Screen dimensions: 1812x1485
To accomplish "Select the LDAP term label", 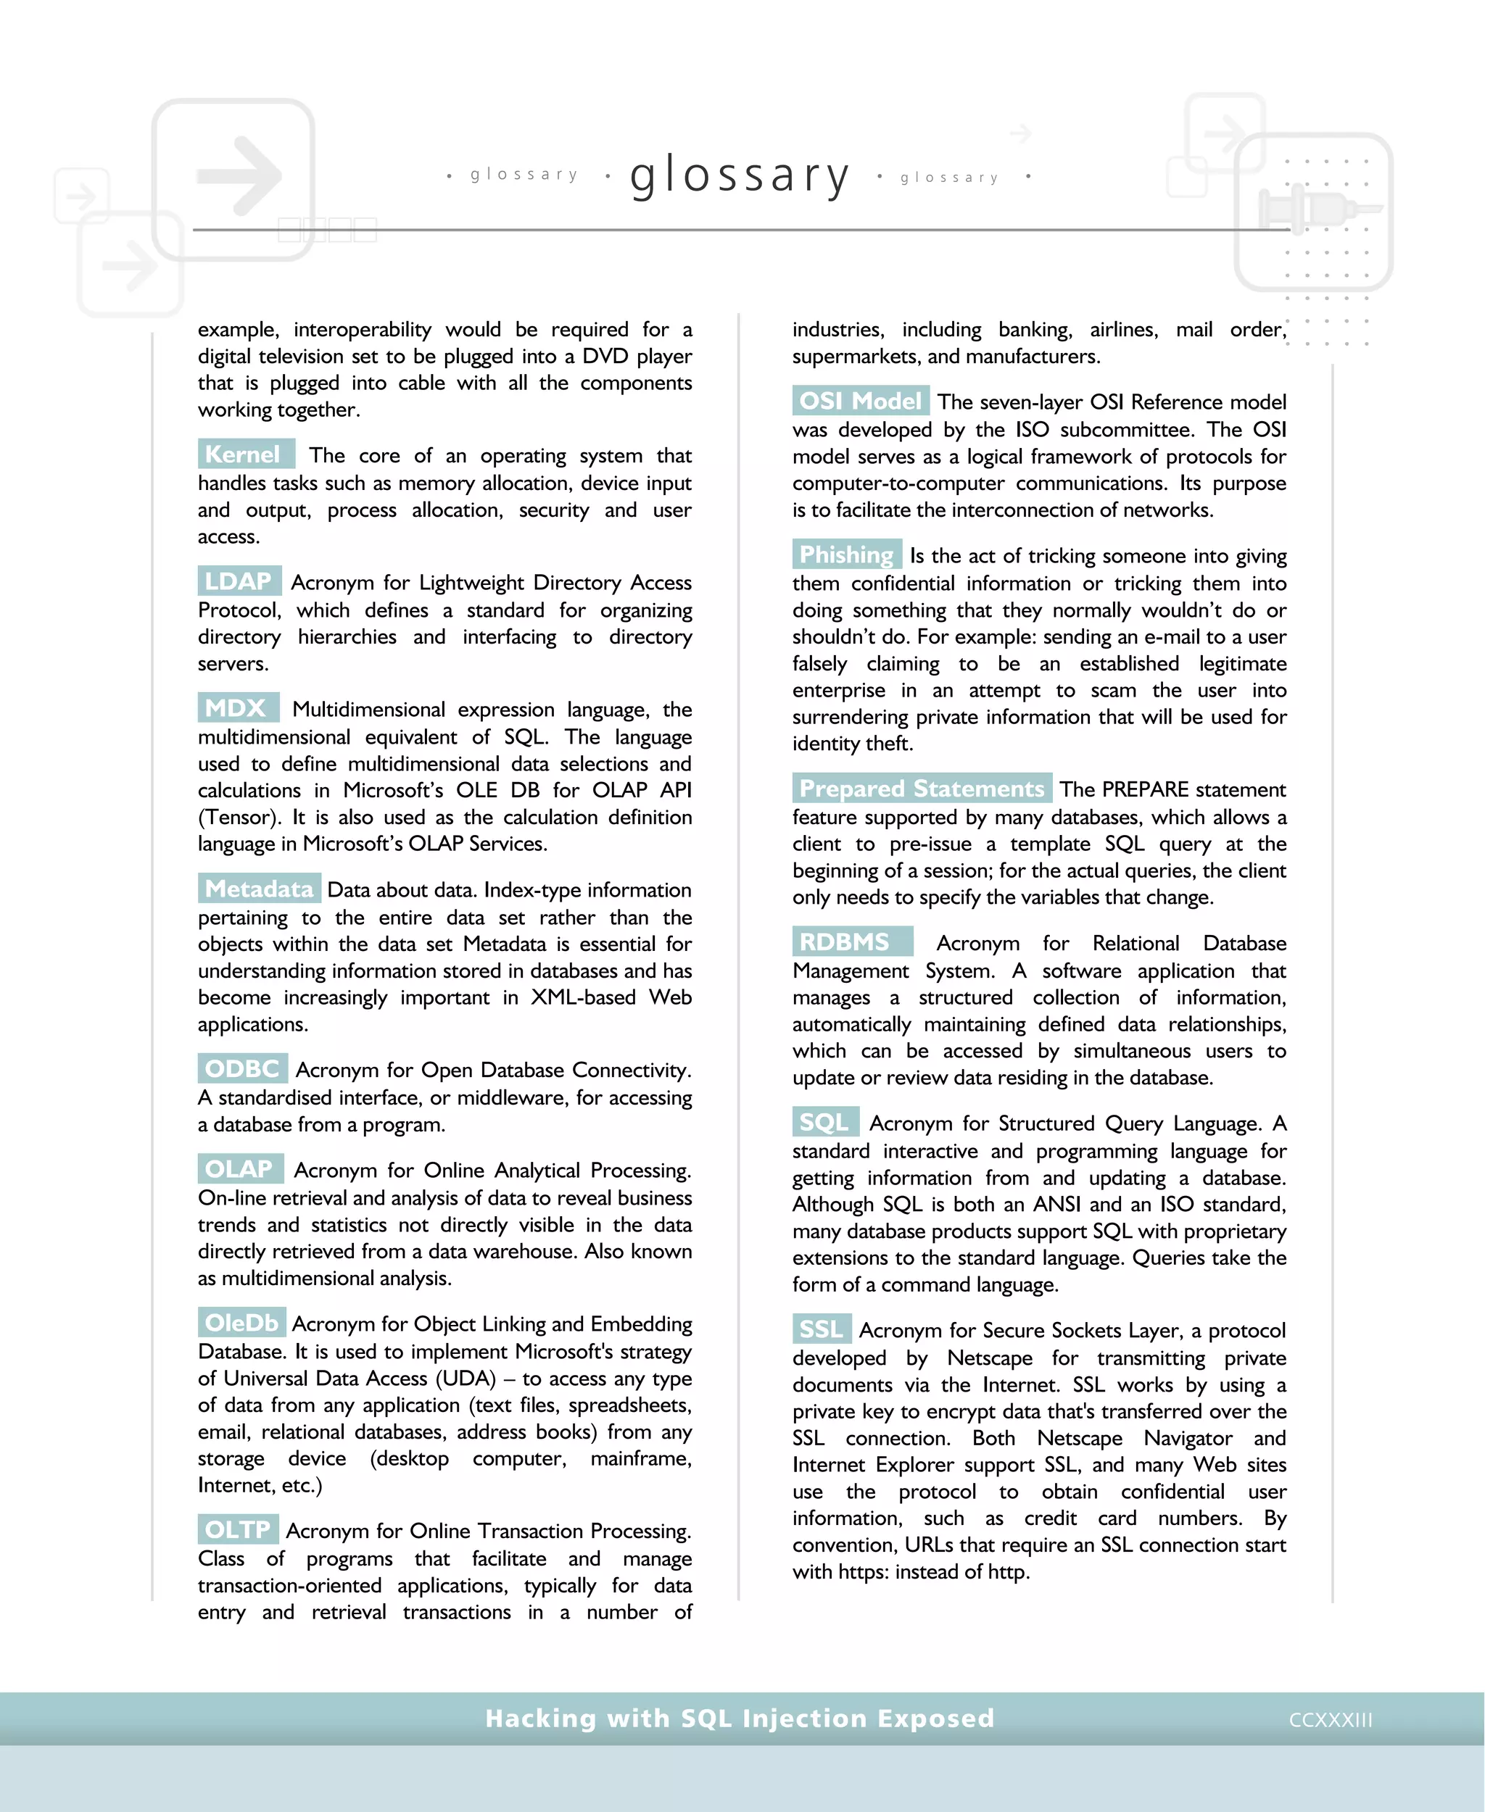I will pos(239,581).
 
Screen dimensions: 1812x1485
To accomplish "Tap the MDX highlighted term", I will pos(237,708).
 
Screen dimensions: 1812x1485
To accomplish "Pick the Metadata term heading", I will pos(259,889).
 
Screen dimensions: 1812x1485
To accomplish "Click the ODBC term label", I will pos(242,1069).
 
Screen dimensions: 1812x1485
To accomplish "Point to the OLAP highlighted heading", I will pos(239,1169).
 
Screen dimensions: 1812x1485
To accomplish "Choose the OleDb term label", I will pos(241,1323).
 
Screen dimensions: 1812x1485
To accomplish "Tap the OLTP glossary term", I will pos(237,1530).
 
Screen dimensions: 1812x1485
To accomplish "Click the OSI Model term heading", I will pos(860,401).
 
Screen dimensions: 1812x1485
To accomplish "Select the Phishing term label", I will pos(846,555).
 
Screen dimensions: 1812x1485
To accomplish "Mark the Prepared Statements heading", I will pos(922,789).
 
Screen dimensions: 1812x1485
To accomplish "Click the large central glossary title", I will pos(740,175).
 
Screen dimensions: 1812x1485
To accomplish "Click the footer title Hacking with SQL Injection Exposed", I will pos(740,1718).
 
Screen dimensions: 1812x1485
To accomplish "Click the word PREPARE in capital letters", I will pos(1147,789).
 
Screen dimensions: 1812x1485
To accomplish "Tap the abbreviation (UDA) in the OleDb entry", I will pos(466,1379).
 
